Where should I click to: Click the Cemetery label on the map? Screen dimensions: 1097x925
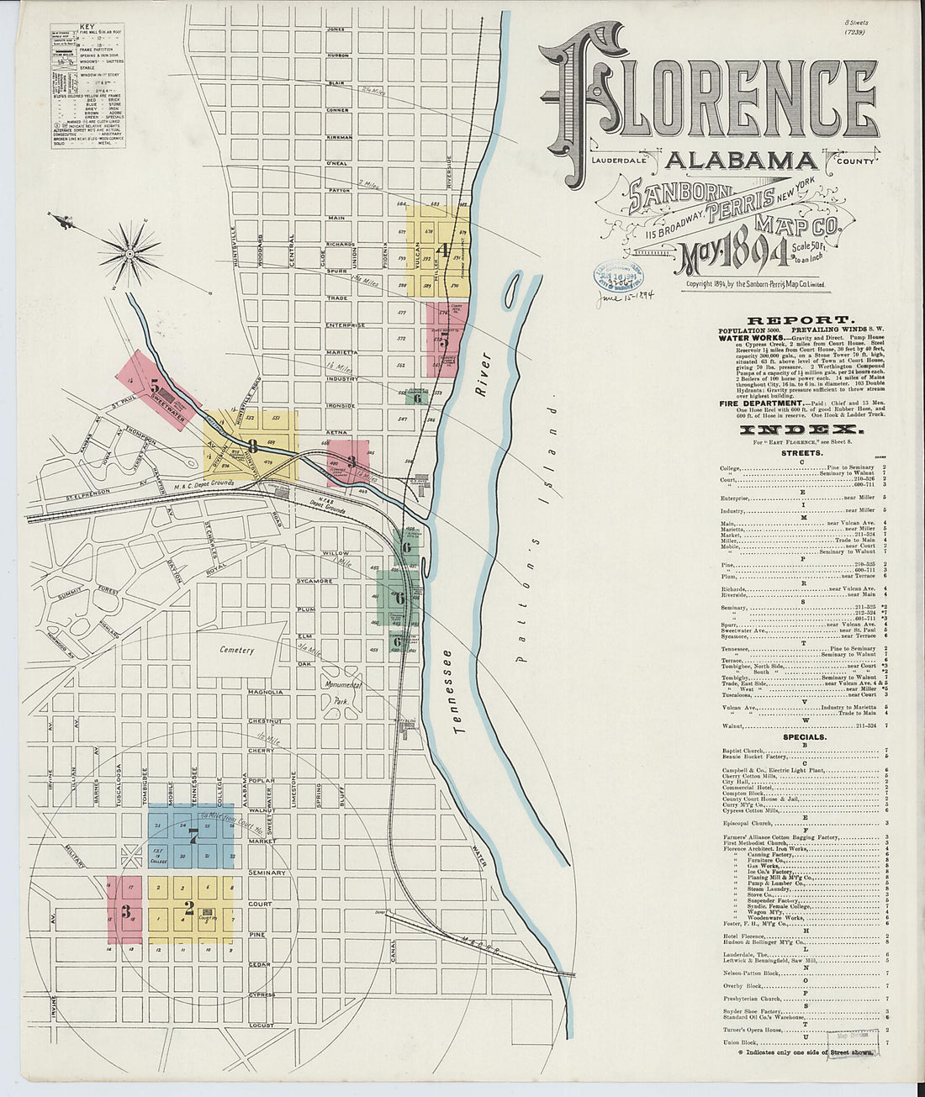point(237,650)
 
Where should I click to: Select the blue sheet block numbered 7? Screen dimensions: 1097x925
point(193,836)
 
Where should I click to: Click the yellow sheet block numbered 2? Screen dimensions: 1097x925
point(189,908)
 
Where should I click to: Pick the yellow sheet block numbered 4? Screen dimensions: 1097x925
point(437,250)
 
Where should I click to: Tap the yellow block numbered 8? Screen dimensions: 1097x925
point(252,446)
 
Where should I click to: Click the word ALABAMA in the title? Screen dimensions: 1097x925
point(740,161)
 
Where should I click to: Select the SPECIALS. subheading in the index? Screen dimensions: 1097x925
point(804,737)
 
